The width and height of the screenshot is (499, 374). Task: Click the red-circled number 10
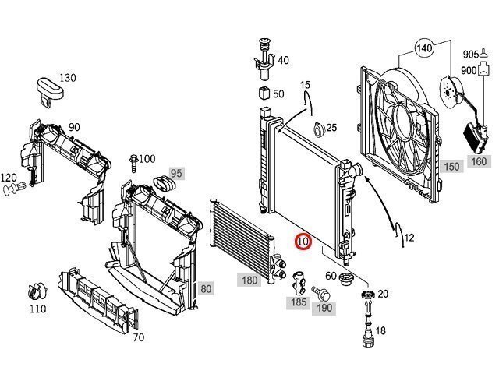click(303, 242)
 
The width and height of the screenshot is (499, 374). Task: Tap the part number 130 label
click(68, 78)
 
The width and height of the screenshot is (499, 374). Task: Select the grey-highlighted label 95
click(176, 172)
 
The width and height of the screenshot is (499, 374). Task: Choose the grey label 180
click(249, 280)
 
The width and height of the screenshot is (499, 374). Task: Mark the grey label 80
click(206, 288)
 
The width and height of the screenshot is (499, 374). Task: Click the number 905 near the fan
click(470, 55)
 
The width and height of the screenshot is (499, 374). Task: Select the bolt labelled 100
click(134, 162)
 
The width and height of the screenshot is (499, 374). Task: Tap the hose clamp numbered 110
click(33, 292)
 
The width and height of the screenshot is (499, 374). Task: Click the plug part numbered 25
click(316, 129)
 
